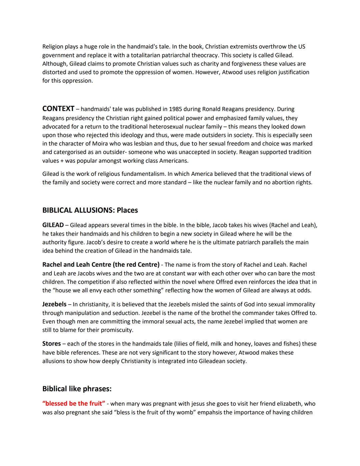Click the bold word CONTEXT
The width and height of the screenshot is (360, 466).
tap(58, 109)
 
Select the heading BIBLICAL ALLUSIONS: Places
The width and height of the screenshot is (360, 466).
tap(90, 210)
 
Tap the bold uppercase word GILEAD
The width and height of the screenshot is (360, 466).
tap(53, 225)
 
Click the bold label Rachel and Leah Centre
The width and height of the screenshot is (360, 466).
tap(101, 265)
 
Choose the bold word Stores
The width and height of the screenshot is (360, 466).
tap(51, 344)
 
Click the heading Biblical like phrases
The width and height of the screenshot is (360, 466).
tap(77, 389)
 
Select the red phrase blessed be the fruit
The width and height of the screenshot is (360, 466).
tap(74, 404)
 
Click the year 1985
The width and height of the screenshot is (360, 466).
tap(176, 109)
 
